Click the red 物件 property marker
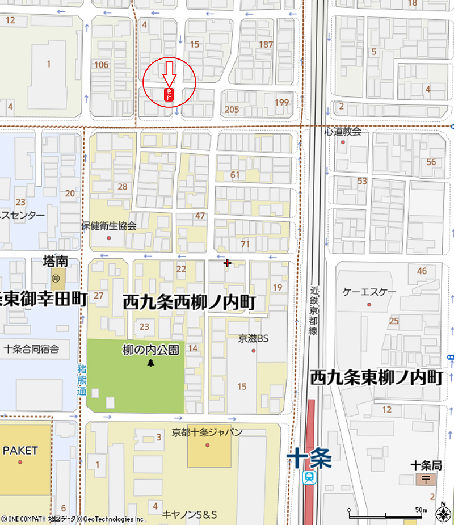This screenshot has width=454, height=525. (x=169, y=95)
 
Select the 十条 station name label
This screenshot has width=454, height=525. (x=309, y=458)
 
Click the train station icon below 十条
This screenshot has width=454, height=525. (x=309, y=478)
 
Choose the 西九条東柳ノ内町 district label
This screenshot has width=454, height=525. (x=376, y=377)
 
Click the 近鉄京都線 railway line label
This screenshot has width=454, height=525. (x=313, y=310)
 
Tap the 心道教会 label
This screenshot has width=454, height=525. (x=343, y=131)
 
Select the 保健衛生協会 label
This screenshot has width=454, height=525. (x=109, y=226)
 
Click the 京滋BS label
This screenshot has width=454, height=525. (x=253, y=339)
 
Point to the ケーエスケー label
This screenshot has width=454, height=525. (x=369, y=292)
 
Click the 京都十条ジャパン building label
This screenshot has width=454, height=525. (x=207, y=432)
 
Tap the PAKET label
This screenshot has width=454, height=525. (x=20, y=450)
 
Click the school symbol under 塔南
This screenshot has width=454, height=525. (x=56, y=278)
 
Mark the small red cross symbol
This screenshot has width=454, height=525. (x=227, y=263)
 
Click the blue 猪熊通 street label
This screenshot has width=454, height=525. (x=81, y=379)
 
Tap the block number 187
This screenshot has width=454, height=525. (x=266, y=44)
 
